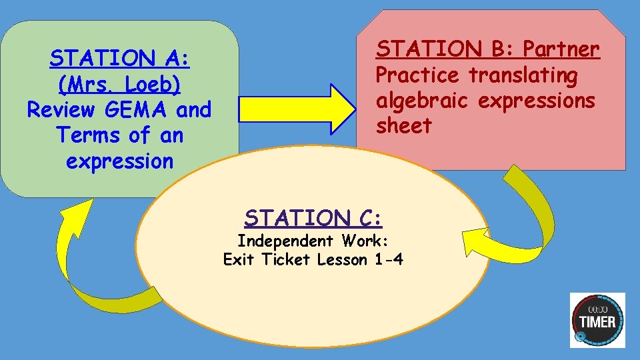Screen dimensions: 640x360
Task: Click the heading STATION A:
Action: pos(120,59)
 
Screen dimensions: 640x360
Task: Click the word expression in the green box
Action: pos(120,161)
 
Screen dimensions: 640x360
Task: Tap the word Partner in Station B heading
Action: pos(561,49)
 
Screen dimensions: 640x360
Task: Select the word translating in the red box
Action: pos(523,75)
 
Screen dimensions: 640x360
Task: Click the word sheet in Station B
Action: pos(403,125)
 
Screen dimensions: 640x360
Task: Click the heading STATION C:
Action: pos(313,218)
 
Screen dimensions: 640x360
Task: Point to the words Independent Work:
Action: pos(313,241)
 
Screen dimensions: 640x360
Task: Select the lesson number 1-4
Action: pos(389,259)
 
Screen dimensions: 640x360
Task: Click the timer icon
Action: pos(597,319)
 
